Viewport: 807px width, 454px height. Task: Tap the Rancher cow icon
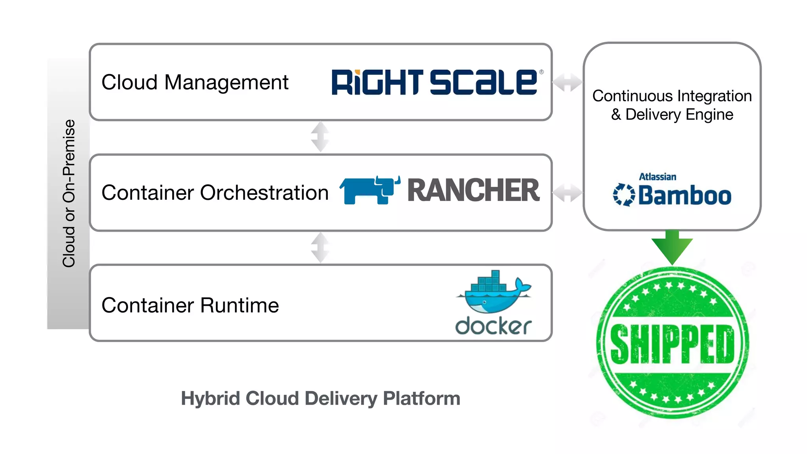(x=368, y=190)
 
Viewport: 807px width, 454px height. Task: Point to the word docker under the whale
(x=493, y=326)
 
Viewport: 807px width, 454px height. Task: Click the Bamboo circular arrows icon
(x=623, y=195)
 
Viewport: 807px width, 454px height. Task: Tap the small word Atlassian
(x=657, y=177)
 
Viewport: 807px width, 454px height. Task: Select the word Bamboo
(x=685, y=195)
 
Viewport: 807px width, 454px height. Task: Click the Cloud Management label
(x=195, y=82)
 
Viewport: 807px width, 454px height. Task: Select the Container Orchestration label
(x=215, y=193)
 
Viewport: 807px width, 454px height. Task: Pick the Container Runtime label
(x=190, y=305)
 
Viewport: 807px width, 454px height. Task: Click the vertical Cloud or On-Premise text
(x=69, y=193)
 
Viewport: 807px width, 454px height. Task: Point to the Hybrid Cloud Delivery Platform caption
(x=320, y=398)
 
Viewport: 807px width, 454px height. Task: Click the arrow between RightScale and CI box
(x=567, y=82)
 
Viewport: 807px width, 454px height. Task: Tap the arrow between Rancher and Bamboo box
(x=567, y=193)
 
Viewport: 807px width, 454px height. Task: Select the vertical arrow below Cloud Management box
(x=320, y=137)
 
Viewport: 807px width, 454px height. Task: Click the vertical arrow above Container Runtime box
(x=320, y=247)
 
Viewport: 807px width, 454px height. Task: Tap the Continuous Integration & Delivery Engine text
(x=672, y=105)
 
